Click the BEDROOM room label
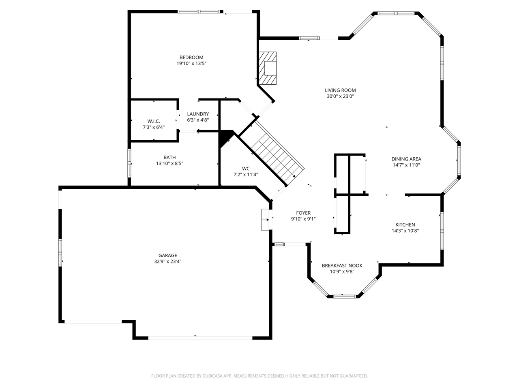click(191, 58)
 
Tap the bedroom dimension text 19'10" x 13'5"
click(191, 64)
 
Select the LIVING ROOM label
click(340, 90)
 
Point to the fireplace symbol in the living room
click(268, 68)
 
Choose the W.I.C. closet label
click(153, 121)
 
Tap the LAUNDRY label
click(198, 114)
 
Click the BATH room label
click(169, 158)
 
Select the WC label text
click(246, 169)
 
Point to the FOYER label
click(303, 213)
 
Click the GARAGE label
click(167, 255)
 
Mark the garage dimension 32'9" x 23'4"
click(167, 262)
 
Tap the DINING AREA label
click(406, 159)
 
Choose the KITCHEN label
click(405, 225)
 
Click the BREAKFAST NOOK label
click(342, 266)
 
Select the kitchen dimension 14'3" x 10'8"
click(405, 231)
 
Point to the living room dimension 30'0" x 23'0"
click(340, 96)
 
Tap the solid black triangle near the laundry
click(225, 138)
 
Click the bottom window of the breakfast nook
click(344, 297)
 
